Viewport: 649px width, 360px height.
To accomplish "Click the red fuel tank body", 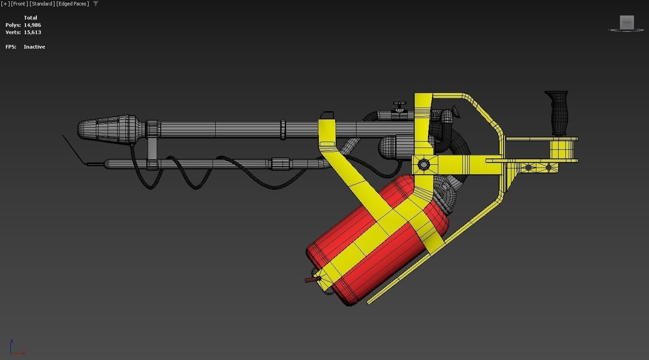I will pyautogui.click(x=359, y=254).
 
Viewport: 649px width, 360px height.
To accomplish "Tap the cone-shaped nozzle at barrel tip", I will pyautogui.click(x=107, y=129).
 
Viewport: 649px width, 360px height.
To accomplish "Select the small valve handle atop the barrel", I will pyautogui.click(x=399, y=105).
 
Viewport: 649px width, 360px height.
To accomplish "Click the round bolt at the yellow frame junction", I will pyautogui.click(x=424, y=164).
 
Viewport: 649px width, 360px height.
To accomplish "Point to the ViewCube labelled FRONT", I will pyautogui.click(x=626, y=23).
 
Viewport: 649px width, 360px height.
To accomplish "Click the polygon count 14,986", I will pyautogui.click(x=32, y=25).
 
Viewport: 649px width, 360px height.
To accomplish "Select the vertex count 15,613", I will pyautogui.click(x=32, y=32).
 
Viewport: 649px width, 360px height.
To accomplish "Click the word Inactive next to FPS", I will pyautogui.click(x=34, y=47).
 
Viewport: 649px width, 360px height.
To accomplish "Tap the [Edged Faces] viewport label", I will pyautogui.click(x=73, y=4).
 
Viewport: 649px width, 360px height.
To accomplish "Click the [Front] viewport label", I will pyautogui.click(x=20, y=4).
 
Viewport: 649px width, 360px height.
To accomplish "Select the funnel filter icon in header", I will pyautogui.click(x=95, y=4).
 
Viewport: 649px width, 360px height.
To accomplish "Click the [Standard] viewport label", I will pyautogui.click(x=42, y=4).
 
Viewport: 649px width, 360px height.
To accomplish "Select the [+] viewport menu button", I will pyautogui.click(x=5, y=4).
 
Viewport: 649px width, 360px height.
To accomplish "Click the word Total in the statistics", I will pyautogui.click(x=30, y=18).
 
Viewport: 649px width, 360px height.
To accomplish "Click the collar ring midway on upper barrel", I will pyautogui.click(x=283, y=130).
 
